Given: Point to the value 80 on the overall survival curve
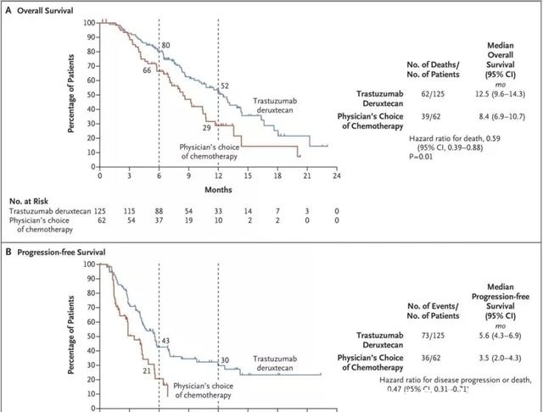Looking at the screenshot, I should click(166, 44).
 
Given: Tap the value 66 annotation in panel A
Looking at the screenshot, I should click(147, 70).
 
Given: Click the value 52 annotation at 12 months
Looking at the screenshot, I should click(225, 86).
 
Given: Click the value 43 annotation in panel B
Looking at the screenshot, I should click(166, 340).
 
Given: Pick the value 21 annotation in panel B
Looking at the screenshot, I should click(147, 370).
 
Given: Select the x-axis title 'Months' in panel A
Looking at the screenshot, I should click(217, 190).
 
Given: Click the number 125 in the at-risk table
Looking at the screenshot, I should click(100, 210).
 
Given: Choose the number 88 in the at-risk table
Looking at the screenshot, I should click(159, 210).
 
